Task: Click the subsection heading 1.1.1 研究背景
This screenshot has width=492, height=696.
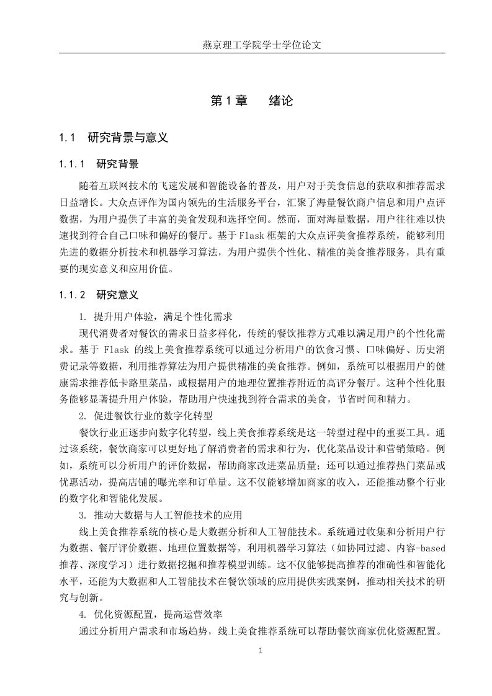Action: (x=99, y=164)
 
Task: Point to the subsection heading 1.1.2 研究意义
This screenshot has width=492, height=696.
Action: (x=99, y=294)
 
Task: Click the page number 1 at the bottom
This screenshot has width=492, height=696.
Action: (x=261, y=650)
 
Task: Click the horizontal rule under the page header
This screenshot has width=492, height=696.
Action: (x=252, y=53)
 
